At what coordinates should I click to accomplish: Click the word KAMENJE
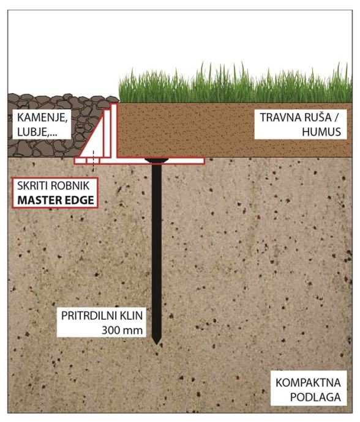42,117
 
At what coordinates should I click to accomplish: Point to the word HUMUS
321,132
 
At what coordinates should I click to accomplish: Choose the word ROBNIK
70,186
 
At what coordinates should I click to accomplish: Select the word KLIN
131,316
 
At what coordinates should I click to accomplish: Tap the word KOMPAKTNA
308,383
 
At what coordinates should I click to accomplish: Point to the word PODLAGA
315,398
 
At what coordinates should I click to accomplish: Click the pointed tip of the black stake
157,344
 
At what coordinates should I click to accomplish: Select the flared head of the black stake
157,160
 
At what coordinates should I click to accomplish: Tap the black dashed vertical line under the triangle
93,161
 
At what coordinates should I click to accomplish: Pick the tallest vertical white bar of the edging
114,130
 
